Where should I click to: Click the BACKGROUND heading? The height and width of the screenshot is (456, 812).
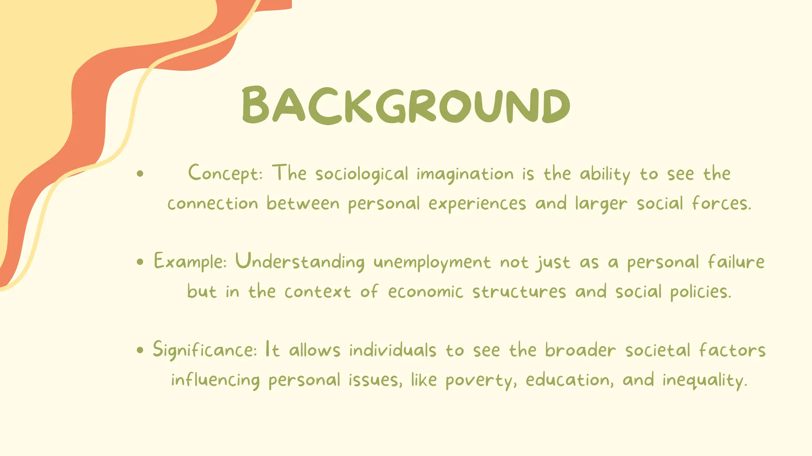pyautogui.click(x=406, y=105)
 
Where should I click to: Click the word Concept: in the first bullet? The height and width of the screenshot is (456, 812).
pyautogui.click(x=225, y=173)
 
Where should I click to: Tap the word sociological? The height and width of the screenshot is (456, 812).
pyautogui.click(x=362, y=174)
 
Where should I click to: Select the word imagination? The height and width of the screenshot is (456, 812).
pyautogui.click(x=465, y=174)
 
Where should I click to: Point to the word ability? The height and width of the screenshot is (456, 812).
pyautogui.click(x=605, y=174)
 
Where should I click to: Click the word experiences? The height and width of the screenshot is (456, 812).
pyautogui.click(x=477, y=204)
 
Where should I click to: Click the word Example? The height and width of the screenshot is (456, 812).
pyautogui.click(x=190, y=262)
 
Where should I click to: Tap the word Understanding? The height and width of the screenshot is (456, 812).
pyautogui.click(x=300, y=262)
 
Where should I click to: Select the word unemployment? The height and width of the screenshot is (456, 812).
pyautogui.click(x=432, y=263)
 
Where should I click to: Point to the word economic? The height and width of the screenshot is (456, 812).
pyautogui.click(x=425, y=292)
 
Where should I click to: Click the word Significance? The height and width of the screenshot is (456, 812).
pyautogui.click(x=205, y=350)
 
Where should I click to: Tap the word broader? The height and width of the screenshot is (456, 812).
pyautogui.click(x=580, y=350)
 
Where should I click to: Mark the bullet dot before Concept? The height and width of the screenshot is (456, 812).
pyautogui.click(x=140, y=173)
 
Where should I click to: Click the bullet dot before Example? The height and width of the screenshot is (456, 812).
pyautogui.click(x=140, y=262)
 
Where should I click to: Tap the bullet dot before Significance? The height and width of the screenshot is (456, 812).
pyautogui.click(x=140, y=350)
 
